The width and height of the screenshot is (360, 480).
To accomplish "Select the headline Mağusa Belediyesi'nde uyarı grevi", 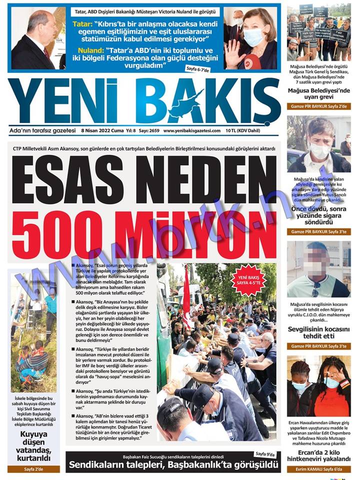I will pos(318,94).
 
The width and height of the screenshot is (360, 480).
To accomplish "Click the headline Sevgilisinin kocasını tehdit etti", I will pos(318,333).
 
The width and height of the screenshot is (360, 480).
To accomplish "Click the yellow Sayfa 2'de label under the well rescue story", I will pos(33,469).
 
